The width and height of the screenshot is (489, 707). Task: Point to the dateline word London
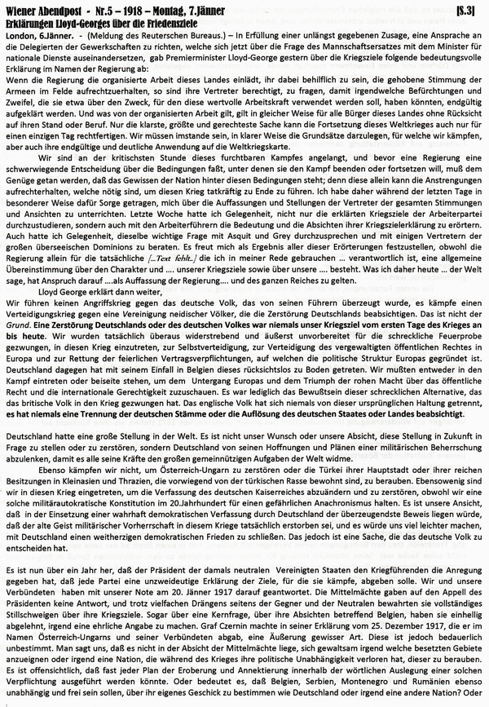tap(24, 35)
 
